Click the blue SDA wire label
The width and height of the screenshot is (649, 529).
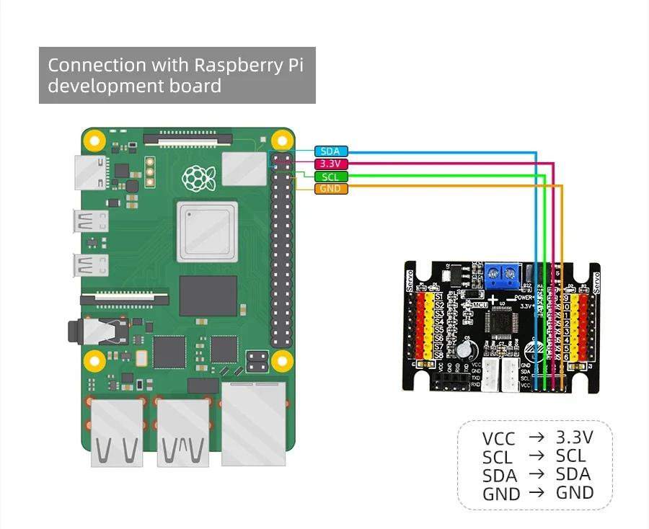click(x=331, y=151)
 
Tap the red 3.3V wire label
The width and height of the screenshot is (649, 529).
click(x=331, y=164)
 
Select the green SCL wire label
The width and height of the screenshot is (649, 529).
click(x=331, y=177)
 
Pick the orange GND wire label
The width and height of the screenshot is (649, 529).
click(x=331, y=189)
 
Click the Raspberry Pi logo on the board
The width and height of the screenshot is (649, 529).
click(x=194, y=177)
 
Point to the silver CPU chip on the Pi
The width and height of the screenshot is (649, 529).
click(x=207, y=231)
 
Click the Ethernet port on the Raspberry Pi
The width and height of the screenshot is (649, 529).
click(x=255, y=422)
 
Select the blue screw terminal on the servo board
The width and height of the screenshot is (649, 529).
click(x=503, y=273)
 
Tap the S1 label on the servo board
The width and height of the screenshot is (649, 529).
click(x=438, y=297)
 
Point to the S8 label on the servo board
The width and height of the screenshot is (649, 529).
click(x=438, y=354)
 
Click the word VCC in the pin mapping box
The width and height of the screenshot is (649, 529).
click(x=498, y=438)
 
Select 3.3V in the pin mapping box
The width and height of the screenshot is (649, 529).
click(x=574, y=437)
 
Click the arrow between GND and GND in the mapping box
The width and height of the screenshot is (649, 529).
click(x=536, y=493)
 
